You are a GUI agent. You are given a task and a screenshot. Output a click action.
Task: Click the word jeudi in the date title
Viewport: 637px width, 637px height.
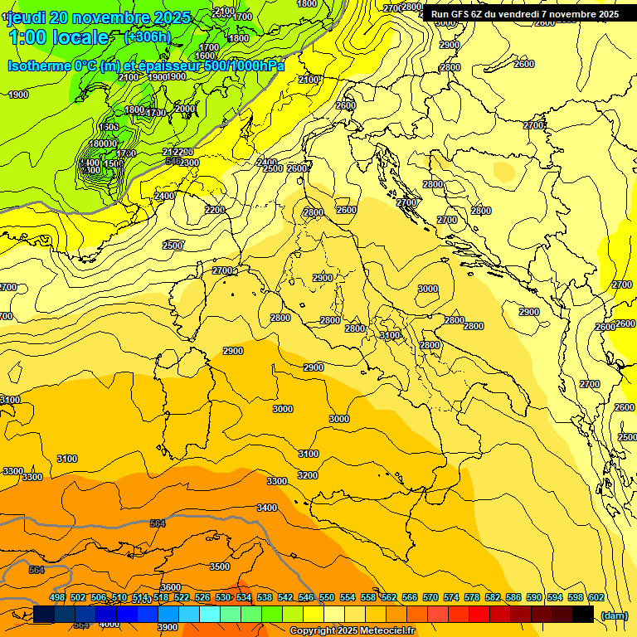coord(27,17)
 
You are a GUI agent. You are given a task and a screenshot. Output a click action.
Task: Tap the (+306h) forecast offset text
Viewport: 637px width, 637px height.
coord(147,36)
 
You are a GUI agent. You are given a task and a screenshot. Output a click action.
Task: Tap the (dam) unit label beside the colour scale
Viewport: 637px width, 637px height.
coord(613,615)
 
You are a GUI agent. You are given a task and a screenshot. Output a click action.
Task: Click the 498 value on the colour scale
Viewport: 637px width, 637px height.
coord(57,597)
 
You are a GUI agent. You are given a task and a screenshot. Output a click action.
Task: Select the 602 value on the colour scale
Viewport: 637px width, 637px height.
coord(596,597)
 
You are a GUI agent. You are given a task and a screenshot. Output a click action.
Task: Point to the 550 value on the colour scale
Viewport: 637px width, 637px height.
coord(327,597)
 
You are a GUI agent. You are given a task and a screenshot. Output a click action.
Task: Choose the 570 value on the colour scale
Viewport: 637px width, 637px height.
coord(430,597)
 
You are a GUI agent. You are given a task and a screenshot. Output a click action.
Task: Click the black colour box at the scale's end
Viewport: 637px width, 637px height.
coord(583,614)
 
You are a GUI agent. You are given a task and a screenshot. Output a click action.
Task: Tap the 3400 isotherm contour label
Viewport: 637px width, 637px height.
coord(267,508)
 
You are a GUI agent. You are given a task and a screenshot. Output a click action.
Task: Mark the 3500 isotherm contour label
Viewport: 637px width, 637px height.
coord(220,566)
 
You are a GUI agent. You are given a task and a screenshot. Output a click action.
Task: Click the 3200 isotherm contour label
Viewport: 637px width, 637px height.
coord(307,475)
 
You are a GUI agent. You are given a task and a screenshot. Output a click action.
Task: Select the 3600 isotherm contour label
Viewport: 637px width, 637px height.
coord(171,587)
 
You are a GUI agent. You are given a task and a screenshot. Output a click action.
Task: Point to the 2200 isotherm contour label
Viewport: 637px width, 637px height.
coord(215,210)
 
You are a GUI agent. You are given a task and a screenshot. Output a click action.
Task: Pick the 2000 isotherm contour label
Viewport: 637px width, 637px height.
coord(185,109)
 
